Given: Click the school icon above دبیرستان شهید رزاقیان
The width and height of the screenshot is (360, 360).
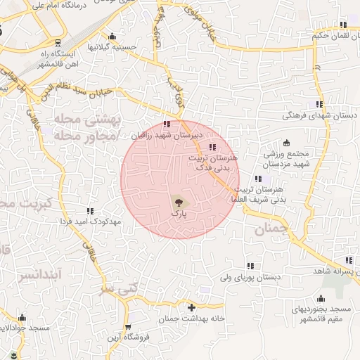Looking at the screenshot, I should [167, 124].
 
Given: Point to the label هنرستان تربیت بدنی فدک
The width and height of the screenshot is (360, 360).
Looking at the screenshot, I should [210, 164].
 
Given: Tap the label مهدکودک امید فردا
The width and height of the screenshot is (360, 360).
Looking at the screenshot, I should [91, 221].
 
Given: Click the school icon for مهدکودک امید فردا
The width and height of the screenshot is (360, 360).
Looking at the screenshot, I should [90, 211].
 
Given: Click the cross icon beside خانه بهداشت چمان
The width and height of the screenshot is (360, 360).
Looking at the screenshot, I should [191, 307].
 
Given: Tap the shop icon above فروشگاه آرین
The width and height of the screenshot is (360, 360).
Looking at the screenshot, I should [128, 326].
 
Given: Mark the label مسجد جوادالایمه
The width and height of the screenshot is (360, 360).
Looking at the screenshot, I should [25, 328].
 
